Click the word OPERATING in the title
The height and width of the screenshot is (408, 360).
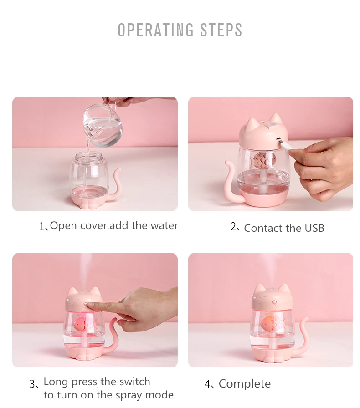(x=156, y=30)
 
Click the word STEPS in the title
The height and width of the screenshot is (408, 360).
(x=221, y=30)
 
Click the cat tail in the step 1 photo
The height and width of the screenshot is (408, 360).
(x=115, y=185)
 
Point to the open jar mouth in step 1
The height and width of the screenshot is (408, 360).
(x=88, y=156)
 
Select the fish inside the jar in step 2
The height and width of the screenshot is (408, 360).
(x=262, y=160)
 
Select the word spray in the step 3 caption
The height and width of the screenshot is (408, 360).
(x=129, y=396)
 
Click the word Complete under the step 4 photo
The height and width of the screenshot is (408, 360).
(x=245, y=384)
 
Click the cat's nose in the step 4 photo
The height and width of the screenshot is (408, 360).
(x=274, y=302)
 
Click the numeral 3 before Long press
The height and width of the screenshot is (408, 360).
(x=32, y=384)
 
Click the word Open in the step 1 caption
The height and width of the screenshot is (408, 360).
(x=63, y=226)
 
